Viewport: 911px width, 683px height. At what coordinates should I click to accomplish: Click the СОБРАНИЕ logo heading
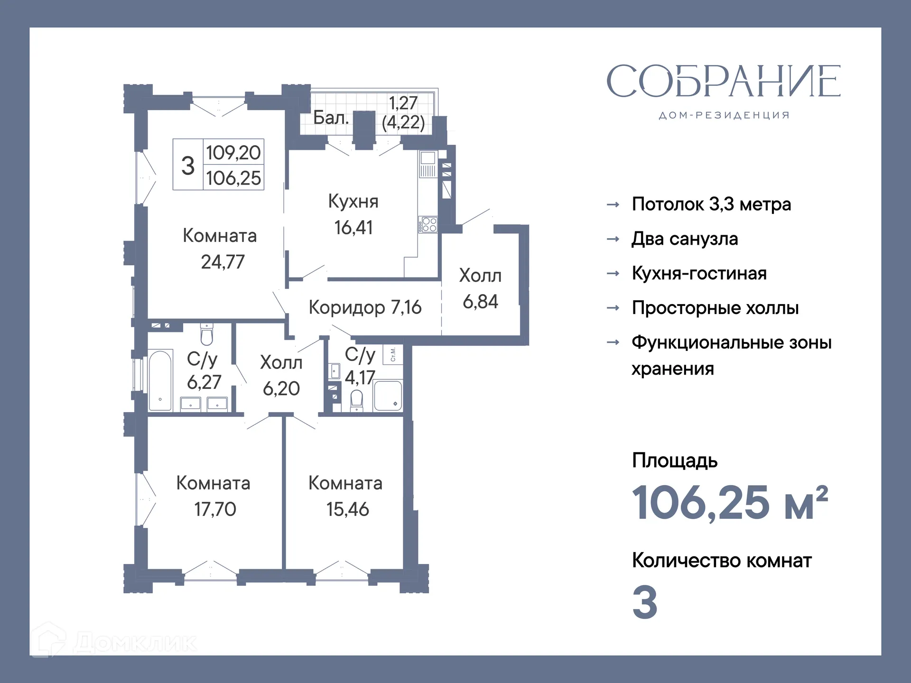(723, 81)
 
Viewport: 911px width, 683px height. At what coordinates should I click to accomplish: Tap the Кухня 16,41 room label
(353, 214)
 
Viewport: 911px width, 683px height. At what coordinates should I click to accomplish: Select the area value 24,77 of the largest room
(223, 262)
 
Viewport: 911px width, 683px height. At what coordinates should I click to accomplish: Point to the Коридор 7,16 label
(364, 307)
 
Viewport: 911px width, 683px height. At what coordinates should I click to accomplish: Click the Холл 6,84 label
(480, 288)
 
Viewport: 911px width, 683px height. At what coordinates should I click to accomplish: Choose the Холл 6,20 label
(281, 375)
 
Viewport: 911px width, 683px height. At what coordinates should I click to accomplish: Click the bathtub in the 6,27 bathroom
(160, 380)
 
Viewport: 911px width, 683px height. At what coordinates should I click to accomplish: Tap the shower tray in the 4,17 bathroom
(388, 395)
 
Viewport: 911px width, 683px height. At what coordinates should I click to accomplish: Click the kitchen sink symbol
(428, 158)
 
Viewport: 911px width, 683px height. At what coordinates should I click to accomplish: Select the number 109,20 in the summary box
(233, 153)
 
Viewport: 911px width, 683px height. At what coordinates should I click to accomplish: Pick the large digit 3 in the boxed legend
(188, 166)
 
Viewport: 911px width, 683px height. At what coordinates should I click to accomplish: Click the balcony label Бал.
(331, 118)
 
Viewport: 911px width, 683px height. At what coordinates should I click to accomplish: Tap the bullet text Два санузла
(684, 239)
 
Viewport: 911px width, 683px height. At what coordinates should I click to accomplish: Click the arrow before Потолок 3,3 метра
(613, 204)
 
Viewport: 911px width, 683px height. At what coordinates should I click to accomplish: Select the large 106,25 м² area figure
(730, 503)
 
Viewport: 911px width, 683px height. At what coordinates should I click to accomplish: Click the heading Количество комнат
(721, 561)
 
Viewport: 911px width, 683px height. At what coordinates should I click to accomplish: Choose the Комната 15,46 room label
(346, 496)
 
